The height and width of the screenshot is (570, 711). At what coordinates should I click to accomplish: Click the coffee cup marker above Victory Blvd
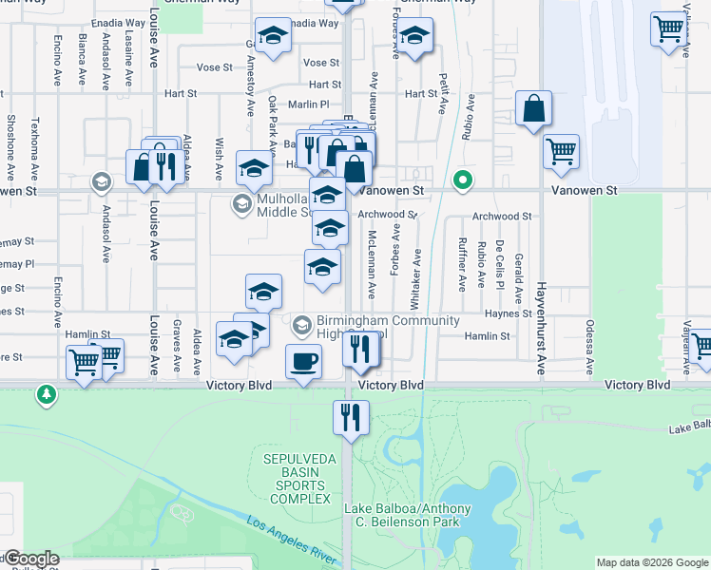click(x=303, y=362)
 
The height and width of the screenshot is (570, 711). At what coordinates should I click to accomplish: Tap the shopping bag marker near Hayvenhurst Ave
click(x=534, y=109)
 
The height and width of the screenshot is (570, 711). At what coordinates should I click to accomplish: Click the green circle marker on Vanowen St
click(x=463, y=180)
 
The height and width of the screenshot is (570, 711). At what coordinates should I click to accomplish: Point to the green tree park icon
click(x=45, y=393)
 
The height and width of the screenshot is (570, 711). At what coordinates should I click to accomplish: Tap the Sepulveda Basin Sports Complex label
click(x=298, y=479)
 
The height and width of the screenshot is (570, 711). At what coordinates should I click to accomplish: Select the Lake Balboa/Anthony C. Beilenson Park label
click(x=408, y=516)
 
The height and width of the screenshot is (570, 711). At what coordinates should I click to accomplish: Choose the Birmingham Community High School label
click(x=374, y=327)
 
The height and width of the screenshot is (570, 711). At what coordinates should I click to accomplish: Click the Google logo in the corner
click(x=30, y=558)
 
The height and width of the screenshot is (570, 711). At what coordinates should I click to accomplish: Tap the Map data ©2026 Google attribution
click(x=652, y=562)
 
